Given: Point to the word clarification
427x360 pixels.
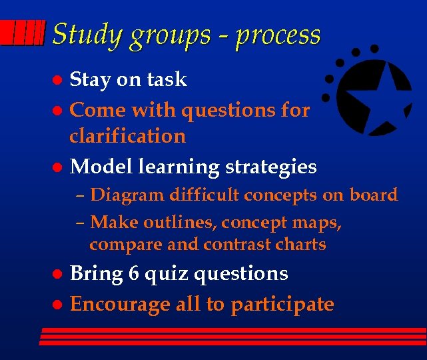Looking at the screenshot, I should (x=128, y=136).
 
